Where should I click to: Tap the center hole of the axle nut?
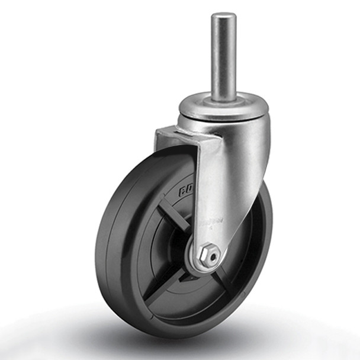coord(210,255)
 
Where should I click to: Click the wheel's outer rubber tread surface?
coord(112,249)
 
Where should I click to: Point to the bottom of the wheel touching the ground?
coord(178,335)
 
